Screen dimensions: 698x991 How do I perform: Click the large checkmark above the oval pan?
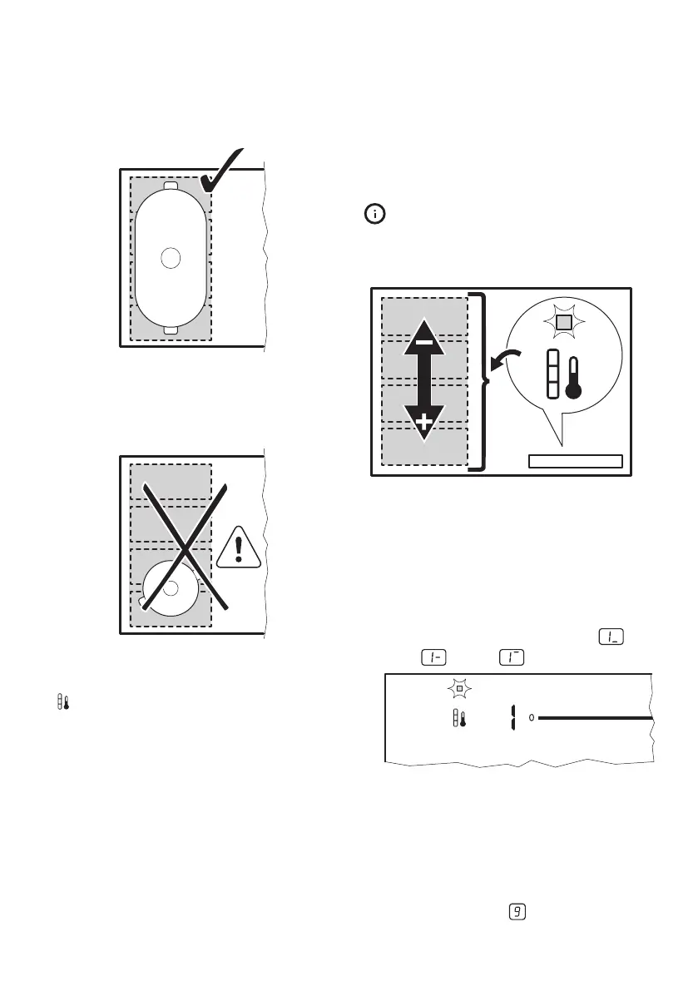click(220, 172)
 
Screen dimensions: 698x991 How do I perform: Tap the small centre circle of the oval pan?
click(171, 258)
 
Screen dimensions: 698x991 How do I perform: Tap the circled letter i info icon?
click(376, 215)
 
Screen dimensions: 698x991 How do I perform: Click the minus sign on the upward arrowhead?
click(424, 342)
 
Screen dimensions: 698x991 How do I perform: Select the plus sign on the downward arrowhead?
click(424, 423)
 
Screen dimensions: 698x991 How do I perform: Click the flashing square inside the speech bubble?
click(563, 321)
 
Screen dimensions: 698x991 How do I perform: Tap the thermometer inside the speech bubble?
click(573, 379)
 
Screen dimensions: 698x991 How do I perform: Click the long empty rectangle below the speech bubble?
click(576, 462)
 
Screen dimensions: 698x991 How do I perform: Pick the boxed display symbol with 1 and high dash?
click(510, 657)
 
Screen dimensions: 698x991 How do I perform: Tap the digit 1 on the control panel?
click(513, 716)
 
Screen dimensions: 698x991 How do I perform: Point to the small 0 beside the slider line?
click(531, 717)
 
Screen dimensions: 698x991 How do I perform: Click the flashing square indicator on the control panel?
click(458, 690)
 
